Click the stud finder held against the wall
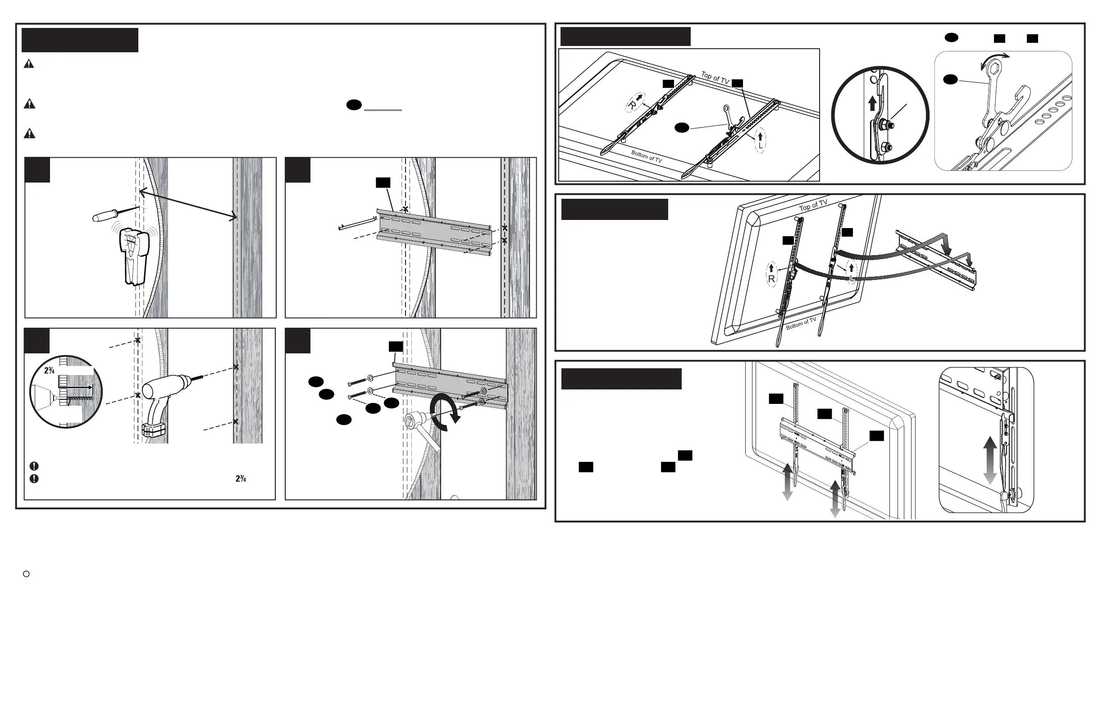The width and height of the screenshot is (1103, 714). (x=134, y=255)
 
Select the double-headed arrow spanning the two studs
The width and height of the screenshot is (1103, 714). (x=188, y=205)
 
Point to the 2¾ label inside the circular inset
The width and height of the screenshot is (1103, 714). (x=49, y=371)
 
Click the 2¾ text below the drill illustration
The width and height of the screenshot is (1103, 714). (x=241, y=478)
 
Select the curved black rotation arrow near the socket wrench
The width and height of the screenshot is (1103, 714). (x=445, y=412)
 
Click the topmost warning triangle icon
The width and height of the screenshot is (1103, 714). (x=29, y=64)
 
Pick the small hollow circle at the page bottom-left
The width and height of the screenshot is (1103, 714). (x=27, y=574)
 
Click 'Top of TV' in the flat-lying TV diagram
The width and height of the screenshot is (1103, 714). (x=715, y=78)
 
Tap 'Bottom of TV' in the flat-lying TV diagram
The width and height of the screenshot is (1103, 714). (x=647, y=156)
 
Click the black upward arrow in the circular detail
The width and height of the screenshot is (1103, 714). (x=872, y=103)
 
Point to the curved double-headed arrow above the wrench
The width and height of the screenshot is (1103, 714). (x=995, y=60)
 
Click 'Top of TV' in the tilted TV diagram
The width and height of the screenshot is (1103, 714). (x=813, y=206)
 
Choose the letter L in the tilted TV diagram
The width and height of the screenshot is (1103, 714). (x=851, y=278)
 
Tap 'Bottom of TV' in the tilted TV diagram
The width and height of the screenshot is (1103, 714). (x=801, y=324)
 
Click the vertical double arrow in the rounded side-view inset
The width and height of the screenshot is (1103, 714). (x=990, y=460)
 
